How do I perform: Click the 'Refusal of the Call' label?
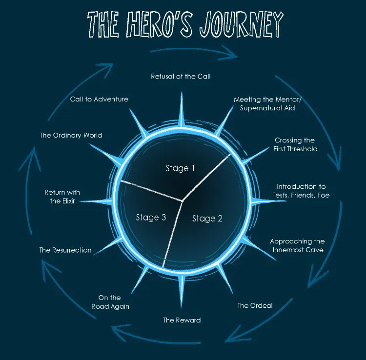pos(181,76)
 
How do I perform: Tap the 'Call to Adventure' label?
pos(99,99)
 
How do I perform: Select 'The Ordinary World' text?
pos(71,135)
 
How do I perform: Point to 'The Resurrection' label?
pos(65,250)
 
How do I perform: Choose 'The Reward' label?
pos(182,320)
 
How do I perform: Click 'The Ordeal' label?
pos(255,305)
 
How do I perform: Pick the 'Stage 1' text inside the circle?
pos(180,168)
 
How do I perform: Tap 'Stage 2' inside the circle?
pos(207,219)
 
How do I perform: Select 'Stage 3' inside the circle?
pos(151,218)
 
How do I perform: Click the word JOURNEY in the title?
pos(242,24)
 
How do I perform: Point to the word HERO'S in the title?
pos(160,24)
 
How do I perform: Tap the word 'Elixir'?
pos(68,201)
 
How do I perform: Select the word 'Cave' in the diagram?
pos(315,250)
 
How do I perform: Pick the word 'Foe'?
pos(323,195)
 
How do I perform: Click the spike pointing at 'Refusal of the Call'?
pos(182,109)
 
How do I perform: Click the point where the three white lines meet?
pos(183,200)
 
